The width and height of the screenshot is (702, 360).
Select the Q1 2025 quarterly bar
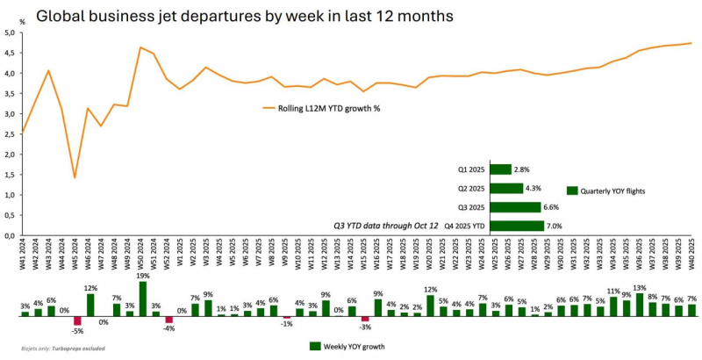pos(500,169)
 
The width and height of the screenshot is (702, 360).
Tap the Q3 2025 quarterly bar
pos(514,207)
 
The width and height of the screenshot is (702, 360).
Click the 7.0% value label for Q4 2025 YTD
pos(555,226)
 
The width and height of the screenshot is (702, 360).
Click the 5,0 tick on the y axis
pos(11,32)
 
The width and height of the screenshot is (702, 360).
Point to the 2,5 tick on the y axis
pos(11,134)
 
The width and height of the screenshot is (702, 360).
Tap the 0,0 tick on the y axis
pos(11,235)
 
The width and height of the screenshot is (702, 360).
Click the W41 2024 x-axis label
pos(24,255)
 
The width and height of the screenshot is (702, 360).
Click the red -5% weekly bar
pos(77,320)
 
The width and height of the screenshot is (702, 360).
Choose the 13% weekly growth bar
pos(639,303)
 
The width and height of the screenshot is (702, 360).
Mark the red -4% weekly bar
pos(169,319)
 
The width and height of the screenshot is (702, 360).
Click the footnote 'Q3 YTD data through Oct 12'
pos(385,226)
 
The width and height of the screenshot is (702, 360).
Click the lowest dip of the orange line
pos(75,177)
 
